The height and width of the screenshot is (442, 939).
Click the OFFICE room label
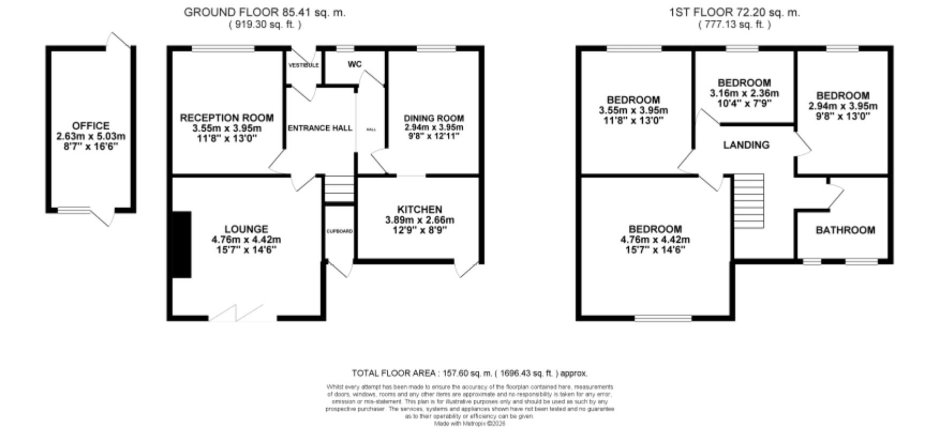91,126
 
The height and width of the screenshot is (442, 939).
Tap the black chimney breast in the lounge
181,245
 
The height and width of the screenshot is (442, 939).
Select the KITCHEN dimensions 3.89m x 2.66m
419,220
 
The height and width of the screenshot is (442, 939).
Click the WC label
355,64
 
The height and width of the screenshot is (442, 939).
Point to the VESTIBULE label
304,65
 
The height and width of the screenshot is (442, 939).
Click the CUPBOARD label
340,231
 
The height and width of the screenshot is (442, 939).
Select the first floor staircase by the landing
748,201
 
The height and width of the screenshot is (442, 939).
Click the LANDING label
746,145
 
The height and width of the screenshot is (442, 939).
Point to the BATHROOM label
845,230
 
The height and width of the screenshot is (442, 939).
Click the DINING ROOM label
433,118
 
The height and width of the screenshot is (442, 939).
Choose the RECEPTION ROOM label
227,118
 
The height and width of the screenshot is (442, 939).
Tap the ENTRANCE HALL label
320,128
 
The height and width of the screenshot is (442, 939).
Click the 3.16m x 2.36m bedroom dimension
744,93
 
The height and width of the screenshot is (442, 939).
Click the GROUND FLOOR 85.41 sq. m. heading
265,12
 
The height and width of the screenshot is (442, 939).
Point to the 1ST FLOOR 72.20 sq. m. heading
734,12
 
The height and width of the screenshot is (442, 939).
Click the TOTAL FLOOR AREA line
469,373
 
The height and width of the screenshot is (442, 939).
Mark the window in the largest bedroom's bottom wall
663,319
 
